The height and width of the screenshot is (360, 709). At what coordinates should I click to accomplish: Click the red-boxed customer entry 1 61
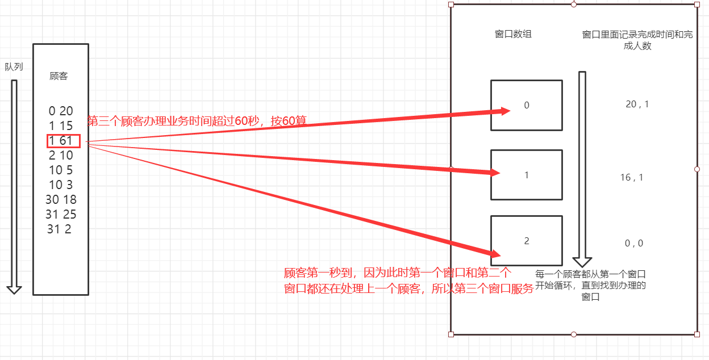[x=63, y=141]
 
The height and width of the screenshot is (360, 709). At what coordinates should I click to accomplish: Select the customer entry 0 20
[x=61, y=111]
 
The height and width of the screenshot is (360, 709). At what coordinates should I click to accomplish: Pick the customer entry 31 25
[x=61, y=215]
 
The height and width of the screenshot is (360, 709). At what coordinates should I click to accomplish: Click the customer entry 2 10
[x=61, y=156]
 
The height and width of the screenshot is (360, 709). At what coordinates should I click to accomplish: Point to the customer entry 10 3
[x=61, y=185]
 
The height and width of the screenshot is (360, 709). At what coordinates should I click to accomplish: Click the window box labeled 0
[x=526, y=105]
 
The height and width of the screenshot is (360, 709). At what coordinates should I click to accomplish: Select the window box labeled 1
[x=526, y=175]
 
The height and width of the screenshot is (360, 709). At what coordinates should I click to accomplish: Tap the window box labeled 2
[x=526, y=241]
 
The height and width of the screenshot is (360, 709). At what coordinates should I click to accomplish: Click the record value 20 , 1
[x=637, y=104]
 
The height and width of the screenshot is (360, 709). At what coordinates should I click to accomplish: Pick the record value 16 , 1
[x=631, y=178]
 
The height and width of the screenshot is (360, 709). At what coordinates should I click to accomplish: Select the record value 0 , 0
[x=633, y=243]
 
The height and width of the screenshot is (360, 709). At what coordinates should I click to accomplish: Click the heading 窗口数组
[x=513, y=34]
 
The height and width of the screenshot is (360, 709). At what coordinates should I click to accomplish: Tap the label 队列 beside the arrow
[x=14, y=67]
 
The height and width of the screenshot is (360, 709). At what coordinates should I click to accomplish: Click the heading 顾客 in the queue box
[x=59, y=76]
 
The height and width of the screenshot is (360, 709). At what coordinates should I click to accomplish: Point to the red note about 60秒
[x=197, y=121]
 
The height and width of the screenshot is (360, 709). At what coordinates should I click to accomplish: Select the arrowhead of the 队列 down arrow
[x=14, y=289]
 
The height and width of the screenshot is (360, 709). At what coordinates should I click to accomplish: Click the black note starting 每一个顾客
[x=590, y=285]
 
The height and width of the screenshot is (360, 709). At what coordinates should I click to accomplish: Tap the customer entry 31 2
[x=60, y=229]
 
